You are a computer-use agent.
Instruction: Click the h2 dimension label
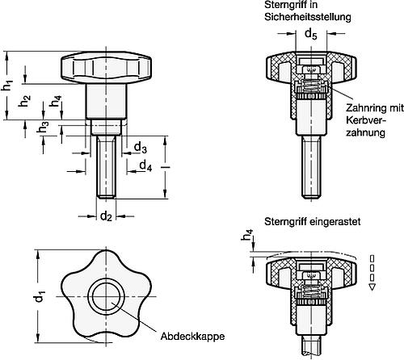coord(27,103)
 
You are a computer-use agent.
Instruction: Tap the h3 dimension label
coord(27,130)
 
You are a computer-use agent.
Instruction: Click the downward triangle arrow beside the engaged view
coord(371,286)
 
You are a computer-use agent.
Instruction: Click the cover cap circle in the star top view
coord(106,296)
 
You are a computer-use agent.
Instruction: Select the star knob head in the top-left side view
coord(105,70)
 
